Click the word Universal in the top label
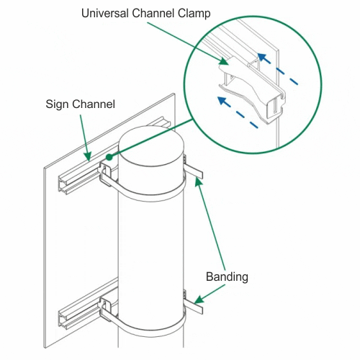tap(105, 13)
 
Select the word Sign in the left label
tap(57, 104)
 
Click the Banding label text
tap(227, 276)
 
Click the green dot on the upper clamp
tap(109, 157)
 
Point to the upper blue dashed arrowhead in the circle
tap(262, 58)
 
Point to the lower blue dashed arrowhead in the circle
tap(222, 101)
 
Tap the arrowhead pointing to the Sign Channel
tap(88, 156)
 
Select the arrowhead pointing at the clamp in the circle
tap(224, 61)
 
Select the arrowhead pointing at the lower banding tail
tap(198, 300)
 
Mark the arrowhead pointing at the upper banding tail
tap(198, 182)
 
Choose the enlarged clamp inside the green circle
tap(252, 89)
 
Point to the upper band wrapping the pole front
tap(149, 197)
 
